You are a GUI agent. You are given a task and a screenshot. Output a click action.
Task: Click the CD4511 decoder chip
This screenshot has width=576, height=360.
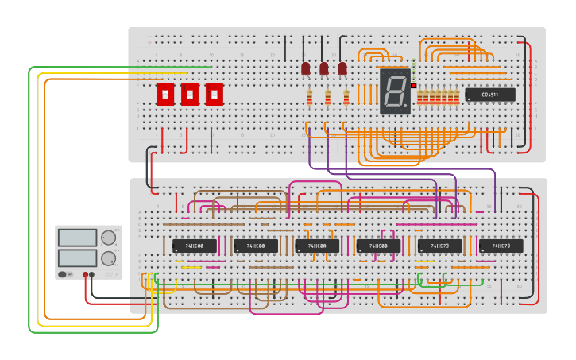490,95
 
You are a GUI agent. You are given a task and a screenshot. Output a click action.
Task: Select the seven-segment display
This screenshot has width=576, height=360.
395,91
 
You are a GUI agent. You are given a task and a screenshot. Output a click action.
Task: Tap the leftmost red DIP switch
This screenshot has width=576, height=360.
165,94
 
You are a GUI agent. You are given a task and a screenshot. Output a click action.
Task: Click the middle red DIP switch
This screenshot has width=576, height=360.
190,94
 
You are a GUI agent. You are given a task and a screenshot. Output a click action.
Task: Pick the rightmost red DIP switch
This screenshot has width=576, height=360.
215,94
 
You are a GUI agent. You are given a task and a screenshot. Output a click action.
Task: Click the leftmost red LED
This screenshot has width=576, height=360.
306,69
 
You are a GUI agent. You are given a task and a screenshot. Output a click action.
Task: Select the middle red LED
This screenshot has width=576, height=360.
324,69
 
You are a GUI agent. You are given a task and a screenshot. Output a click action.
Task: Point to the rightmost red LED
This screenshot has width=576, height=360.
342,69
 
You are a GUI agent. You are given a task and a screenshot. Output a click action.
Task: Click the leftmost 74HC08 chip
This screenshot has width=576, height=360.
195,246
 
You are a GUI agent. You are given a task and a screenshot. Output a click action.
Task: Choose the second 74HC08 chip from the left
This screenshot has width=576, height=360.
256,246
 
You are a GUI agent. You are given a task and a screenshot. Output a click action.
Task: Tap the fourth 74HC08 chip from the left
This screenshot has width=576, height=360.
378,246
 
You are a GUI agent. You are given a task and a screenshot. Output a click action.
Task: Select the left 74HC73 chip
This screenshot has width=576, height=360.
439,246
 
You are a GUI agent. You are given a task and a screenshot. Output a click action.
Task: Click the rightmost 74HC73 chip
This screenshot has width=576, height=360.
501,246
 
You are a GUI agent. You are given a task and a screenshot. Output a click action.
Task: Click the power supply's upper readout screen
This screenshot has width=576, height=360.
77,238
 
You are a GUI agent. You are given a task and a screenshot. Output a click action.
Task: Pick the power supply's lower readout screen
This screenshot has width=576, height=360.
77,258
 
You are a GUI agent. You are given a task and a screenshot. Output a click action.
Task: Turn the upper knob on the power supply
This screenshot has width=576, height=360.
108,238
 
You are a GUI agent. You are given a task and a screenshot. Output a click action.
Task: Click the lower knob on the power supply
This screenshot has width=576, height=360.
108,258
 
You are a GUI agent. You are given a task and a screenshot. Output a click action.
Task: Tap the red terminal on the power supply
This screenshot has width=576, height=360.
86,274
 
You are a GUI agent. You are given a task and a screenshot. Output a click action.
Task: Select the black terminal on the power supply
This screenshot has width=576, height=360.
92,274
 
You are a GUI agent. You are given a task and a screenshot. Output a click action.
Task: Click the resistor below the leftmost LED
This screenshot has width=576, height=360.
309,98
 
